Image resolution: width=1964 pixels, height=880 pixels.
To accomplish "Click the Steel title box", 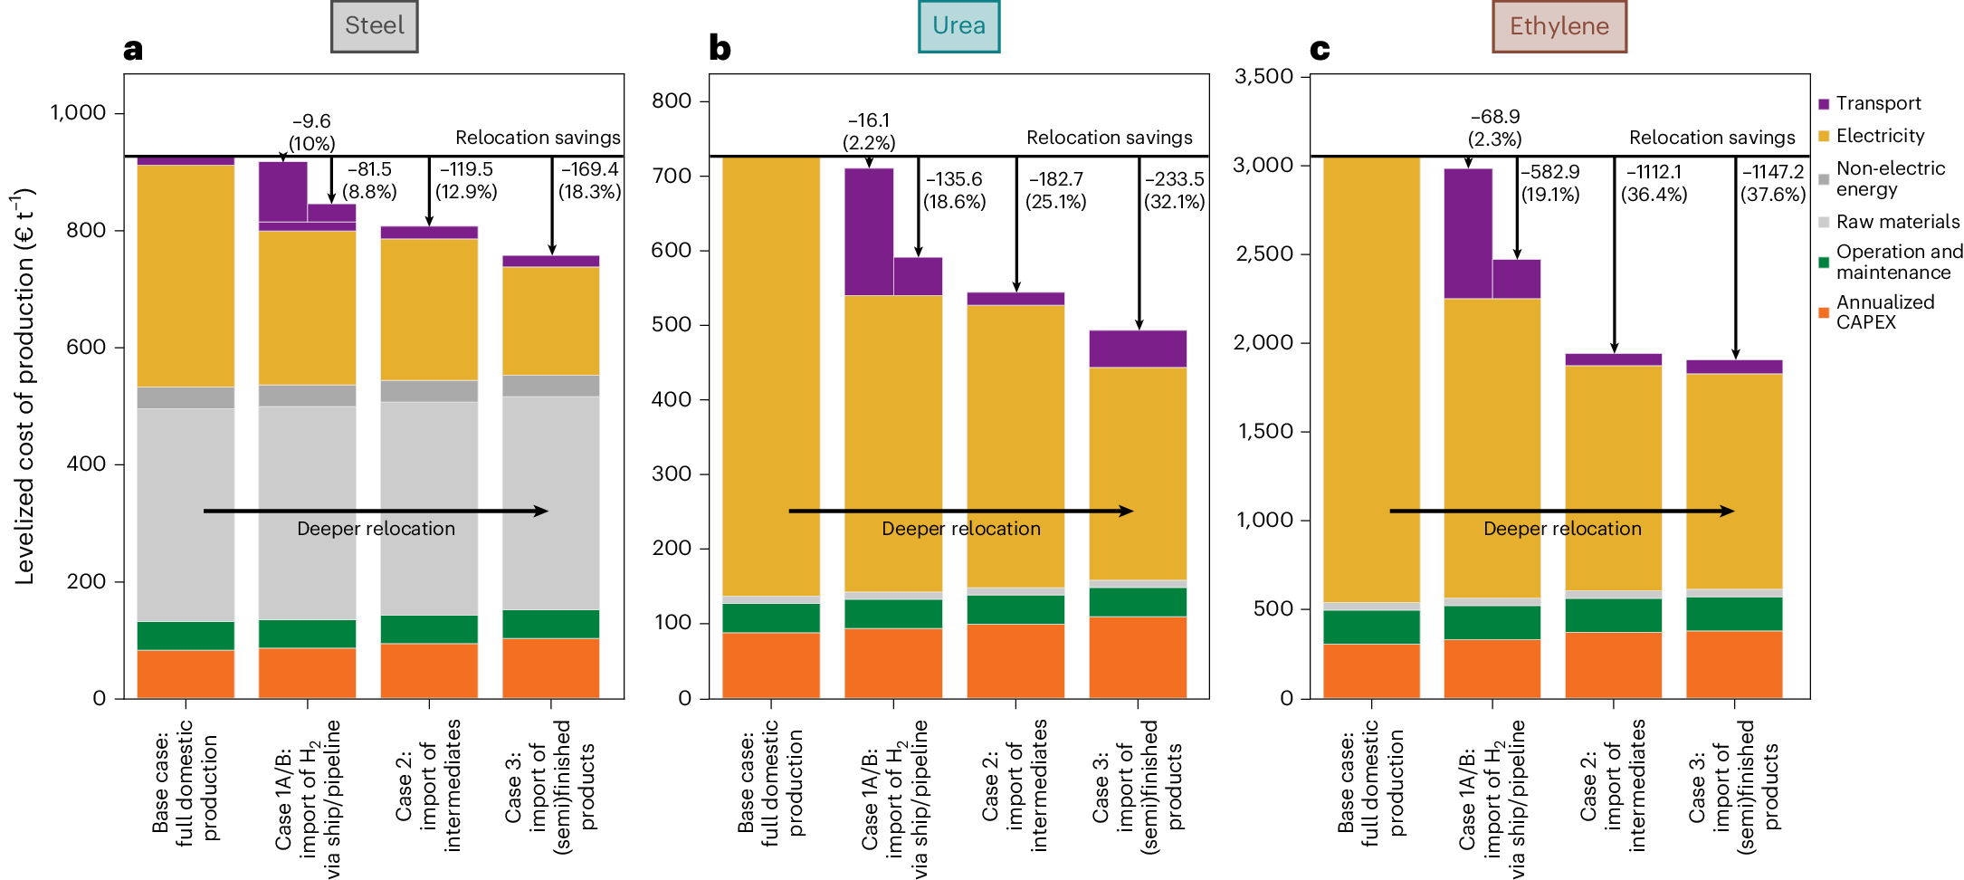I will [x=374, y=26].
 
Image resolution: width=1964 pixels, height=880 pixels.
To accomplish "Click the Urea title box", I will [x=958, y=26].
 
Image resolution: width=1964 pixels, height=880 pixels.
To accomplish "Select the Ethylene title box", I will [x=1559, y=26].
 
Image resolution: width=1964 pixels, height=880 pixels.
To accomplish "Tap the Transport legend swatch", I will [x=1824, y=104].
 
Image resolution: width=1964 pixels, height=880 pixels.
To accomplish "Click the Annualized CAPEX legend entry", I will [x=1884, y=312].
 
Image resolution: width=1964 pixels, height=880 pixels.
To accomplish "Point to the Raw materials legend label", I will [x=1897, y=222].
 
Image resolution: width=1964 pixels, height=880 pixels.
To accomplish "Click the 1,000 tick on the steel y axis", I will [x=78, y=113].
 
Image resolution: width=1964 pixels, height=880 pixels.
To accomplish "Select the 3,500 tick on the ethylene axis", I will [x=1263, y=76].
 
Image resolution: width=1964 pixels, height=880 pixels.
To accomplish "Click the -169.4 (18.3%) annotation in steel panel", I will [x=589, y=180].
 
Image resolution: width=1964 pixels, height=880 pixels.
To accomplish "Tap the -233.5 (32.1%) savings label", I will [x=1174, y=190].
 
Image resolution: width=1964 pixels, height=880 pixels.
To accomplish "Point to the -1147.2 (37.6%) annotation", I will [x=1772, y=182].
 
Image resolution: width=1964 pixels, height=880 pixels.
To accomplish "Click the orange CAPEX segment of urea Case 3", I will [x=1138, y=656].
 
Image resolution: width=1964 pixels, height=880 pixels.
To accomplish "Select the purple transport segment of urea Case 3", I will [x=1138, y=349].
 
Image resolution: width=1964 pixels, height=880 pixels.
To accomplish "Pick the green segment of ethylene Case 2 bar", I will [x=1613, y=615].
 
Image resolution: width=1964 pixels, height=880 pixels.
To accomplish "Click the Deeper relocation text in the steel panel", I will [x=376, y=529].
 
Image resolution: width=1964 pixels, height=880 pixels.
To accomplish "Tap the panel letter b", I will [x=720, y=48].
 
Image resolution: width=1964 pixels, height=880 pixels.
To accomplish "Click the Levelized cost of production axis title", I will [x=24, y=385].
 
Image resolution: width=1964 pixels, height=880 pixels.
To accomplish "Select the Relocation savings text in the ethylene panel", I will [x=1711, y=138].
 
